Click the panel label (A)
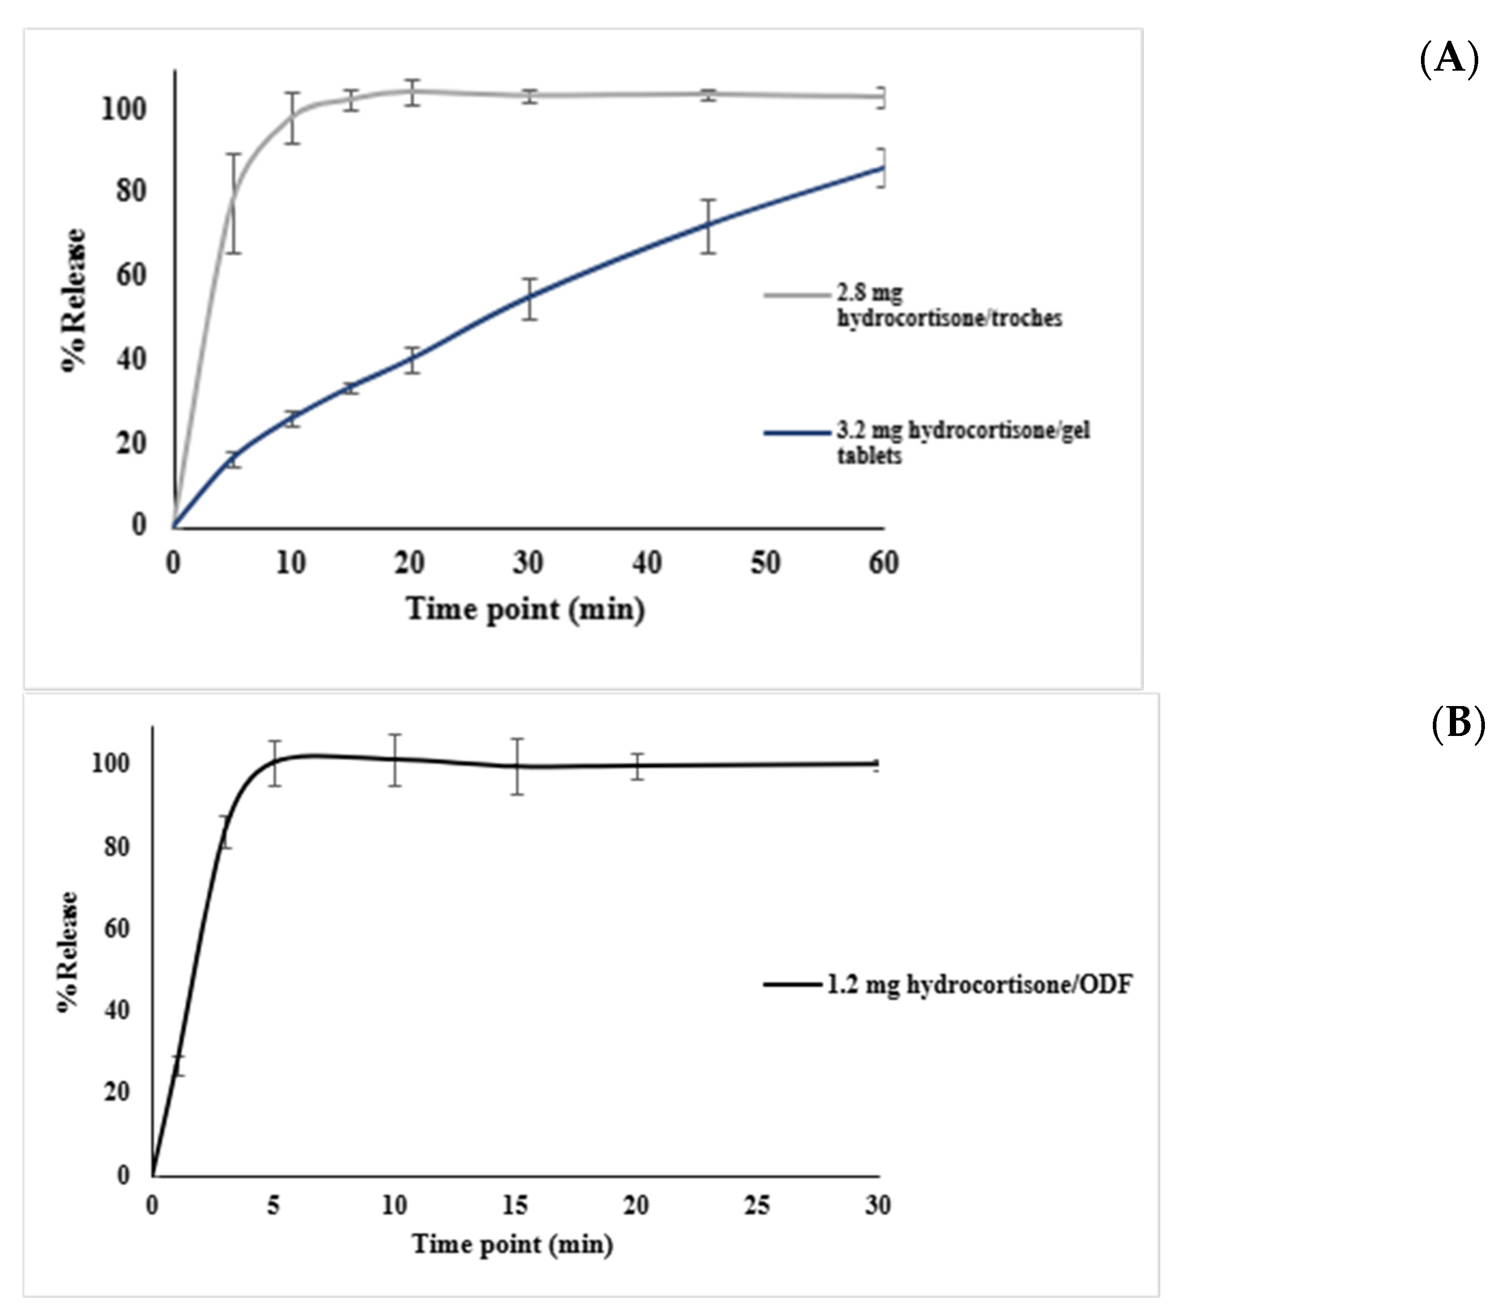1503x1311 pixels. (1449, 58)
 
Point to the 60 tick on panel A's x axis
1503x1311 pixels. (883, 563)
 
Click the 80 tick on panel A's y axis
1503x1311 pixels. (132, 192)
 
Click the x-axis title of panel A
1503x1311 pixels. (525, 609)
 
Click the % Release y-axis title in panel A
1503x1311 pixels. (73, 301)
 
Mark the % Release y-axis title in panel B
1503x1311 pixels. (67, 951)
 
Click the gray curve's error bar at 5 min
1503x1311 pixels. (233, 203)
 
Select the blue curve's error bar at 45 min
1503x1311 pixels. (707, 226)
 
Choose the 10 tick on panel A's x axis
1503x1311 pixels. (291, 563)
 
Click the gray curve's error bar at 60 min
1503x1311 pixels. (882, 97)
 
